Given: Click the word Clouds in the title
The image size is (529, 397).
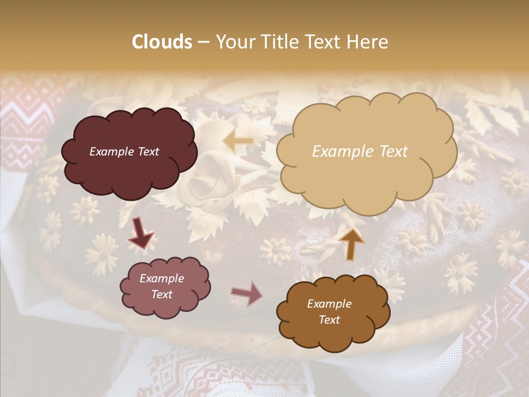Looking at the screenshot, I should (162, 42).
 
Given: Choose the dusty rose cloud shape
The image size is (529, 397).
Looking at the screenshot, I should (165, 287).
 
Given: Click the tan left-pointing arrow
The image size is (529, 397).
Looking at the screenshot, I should (238, 142).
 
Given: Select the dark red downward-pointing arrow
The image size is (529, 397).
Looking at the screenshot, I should (141, 233).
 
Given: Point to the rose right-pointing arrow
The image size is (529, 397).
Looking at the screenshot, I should (246, 294).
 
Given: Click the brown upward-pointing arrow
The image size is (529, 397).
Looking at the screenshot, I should (351, 244).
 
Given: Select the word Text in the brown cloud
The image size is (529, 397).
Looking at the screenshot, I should (329, 320).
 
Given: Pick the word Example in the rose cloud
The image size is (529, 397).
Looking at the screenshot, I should (161, 278).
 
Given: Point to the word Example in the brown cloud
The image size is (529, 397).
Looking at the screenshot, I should (329, 304).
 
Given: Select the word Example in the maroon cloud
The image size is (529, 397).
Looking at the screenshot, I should (111, 152).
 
